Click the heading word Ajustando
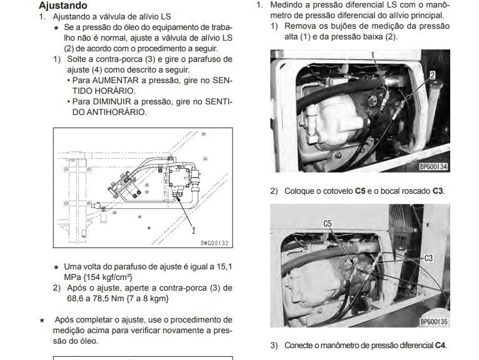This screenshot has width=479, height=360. tap(63, 6)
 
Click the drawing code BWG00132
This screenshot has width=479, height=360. tap(214, 243)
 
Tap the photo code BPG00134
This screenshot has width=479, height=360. tap(433, 167)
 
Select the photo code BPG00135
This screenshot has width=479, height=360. tap(434, 321)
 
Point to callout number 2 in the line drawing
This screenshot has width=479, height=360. tap(194, 231)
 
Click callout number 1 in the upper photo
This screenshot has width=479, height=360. tap(373, 55)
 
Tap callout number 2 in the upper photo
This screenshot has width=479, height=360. tap(433, 75)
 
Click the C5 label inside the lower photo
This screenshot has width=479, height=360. tap(328, 224)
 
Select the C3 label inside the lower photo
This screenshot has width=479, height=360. tap(428, 258)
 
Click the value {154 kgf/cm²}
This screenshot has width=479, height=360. tap(108, 277)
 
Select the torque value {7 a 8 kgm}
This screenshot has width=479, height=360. tap(147, 298)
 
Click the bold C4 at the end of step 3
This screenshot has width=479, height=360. tap(440, 346)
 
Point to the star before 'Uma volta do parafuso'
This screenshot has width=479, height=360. tap(56, 267)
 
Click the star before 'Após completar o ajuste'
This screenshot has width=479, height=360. tap(42, 320)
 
